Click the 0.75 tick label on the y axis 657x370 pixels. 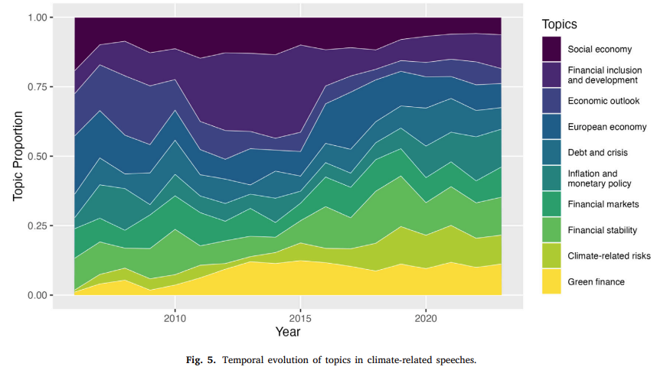(37, 87)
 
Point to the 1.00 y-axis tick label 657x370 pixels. (37, 18)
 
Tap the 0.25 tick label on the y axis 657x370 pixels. (37, 226)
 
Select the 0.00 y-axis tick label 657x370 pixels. (37, 295)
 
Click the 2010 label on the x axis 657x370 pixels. (175, 319)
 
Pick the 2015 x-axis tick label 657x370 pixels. (300, 319)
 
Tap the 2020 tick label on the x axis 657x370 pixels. (426, 319)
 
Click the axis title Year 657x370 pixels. (288, 332)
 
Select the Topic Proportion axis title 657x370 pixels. (18, 156)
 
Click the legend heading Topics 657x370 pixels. (560, 24)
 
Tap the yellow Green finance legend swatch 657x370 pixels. (551, 281)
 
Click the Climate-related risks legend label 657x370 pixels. (609, 256)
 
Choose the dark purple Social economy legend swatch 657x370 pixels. (551, 49)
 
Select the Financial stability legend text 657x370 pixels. (602, 230)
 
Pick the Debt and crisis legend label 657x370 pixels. (597, 153)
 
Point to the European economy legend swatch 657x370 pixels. (551, 126)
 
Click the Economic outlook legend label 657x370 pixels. (603, 101)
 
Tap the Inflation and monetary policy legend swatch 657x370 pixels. (551, 178)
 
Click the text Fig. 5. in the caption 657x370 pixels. (201, 360)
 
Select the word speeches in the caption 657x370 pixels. (456, 360)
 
